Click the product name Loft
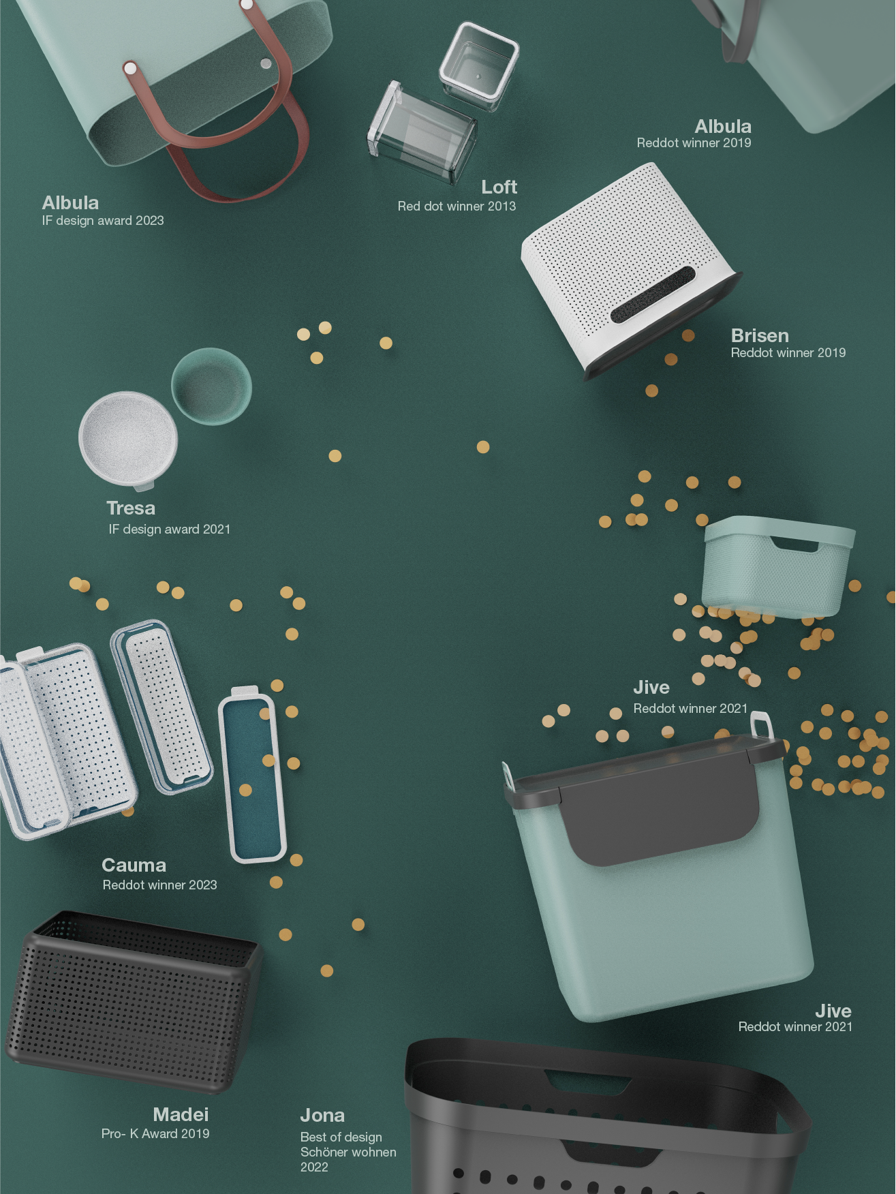[x=499, y=187]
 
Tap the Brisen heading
[x=760, y=335]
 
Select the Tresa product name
[x=131, y=508]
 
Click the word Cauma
[x=134, y=865]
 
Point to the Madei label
[x=181, y=1114]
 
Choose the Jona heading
[x=322, y=1115]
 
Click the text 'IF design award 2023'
[x=103, y=220]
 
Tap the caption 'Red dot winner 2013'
[x=457, y=206]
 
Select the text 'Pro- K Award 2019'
[x=155, y=1133]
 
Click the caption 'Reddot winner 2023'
[x=160, y=885]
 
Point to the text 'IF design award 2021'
[x=170, y=529]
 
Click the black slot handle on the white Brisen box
[x=652, y=294]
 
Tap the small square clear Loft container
[x=478, y=66]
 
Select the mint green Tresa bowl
[x=211, y=386]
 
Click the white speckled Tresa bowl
[x=128, y=438]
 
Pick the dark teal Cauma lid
[x=253, y=777]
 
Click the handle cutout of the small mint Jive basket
[x=794, y=543]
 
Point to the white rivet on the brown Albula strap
[x=130, y=68]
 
